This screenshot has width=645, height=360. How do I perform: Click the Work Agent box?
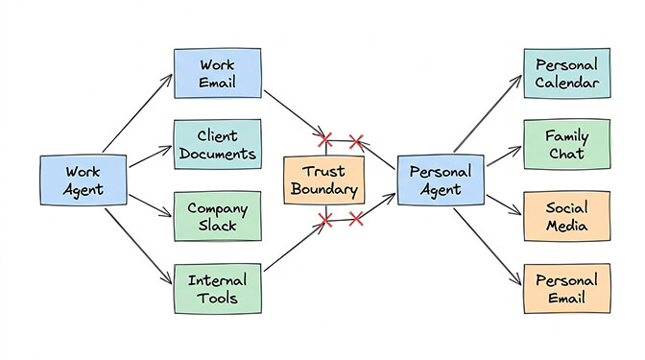(84, 180)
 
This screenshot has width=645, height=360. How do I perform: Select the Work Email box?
(217, 73)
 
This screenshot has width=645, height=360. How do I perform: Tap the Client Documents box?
(217, 144)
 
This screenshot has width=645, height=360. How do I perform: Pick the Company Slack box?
(217, 216)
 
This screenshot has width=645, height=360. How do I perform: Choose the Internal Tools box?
(217, 288)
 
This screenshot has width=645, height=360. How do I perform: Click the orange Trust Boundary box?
(324, 180)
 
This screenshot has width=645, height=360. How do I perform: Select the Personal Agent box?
(440, 180)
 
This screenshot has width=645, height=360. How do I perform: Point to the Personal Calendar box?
(566, 73)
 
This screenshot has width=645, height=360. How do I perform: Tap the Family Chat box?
(566, 144)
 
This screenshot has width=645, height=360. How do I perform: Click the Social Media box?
(566, 216)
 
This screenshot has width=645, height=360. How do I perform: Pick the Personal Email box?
(566, 288)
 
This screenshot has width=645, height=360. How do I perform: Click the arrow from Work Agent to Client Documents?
(151, 158)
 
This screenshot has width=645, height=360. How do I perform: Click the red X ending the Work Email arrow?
(324, 141)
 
